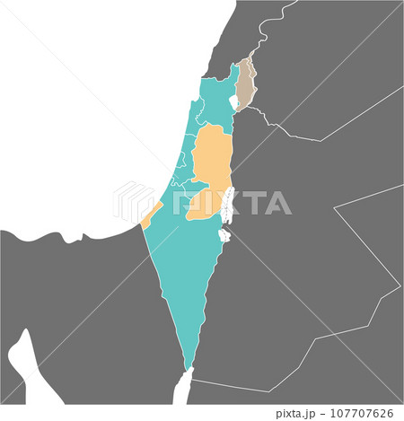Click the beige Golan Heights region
[243, 84]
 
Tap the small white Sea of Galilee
[234, 103]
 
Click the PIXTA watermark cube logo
[134, 203]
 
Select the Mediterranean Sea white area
[90, 108]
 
